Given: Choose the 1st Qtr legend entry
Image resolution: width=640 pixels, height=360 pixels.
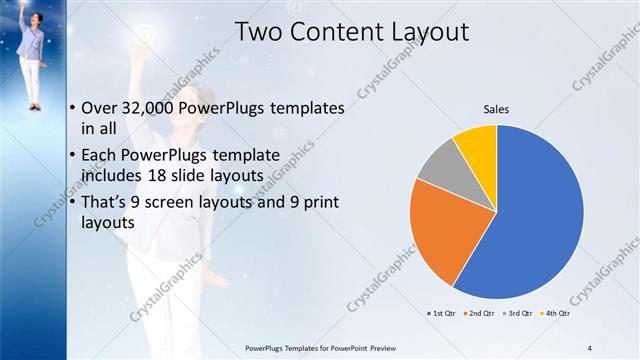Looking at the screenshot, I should pyautogui.click(x=443, y=314).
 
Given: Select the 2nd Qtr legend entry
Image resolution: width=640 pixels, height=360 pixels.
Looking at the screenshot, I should pyautogui.click(x=481, y=314).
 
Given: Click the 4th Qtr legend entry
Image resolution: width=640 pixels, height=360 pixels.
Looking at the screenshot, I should pyautogui.click(x=556, y=314).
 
